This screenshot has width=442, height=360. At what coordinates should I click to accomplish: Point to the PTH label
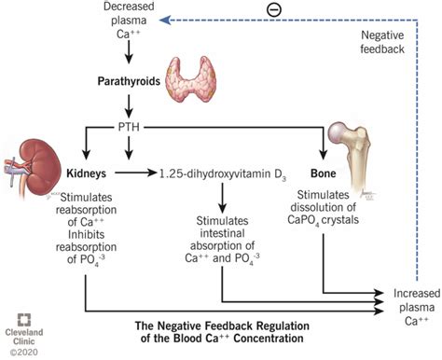pos(128,124)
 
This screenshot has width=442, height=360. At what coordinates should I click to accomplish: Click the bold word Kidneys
pos(89,173)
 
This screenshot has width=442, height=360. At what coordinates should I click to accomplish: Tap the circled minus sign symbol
pos(284,11)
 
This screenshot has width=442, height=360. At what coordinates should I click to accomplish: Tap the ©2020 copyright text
pos(19,353)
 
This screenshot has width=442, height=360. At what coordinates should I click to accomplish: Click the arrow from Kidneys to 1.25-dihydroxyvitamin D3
pos(139,173)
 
